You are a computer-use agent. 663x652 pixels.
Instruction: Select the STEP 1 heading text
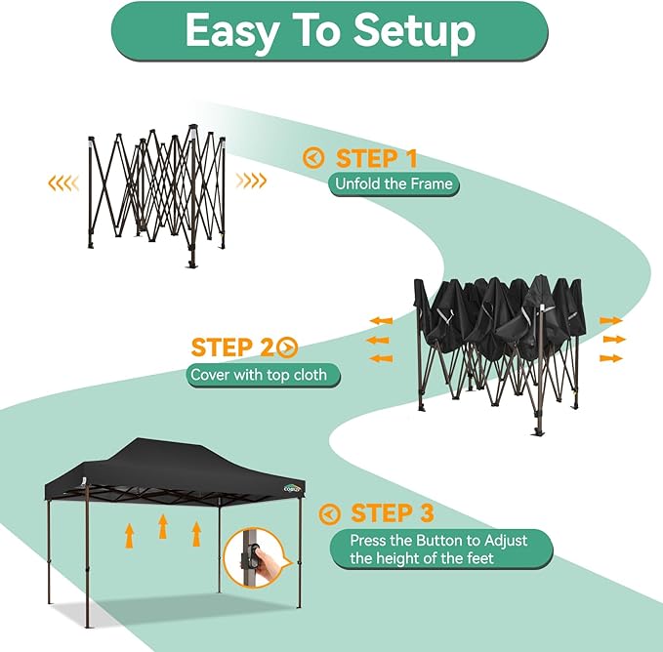[x=377, y=158]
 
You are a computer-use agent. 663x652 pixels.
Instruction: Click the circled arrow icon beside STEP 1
[x=313, y=158]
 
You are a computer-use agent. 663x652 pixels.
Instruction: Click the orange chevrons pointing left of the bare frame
[x=64, y=182]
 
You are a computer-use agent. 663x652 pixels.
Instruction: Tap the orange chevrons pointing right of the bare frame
[x=253, y=181]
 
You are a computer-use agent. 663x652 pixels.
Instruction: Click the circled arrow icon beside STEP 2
[x=287, y=346]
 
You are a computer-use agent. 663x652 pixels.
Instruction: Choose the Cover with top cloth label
[x=265, y=375]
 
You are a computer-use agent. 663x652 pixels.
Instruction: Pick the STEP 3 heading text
[x=393, y=512]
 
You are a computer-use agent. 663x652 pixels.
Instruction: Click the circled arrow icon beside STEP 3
[x=331, y=513]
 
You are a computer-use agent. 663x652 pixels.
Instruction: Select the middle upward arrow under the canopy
[x=162, y=528]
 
